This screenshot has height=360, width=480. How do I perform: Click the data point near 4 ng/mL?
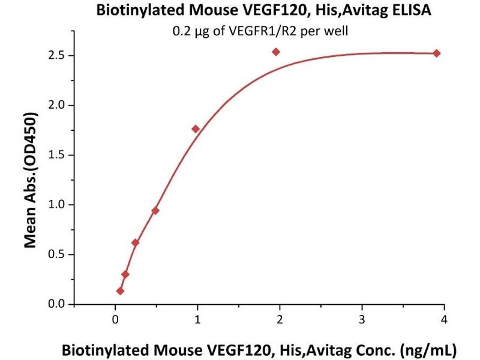point(436,53)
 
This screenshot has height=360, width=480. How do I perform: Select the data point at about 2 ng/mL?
point(276,52)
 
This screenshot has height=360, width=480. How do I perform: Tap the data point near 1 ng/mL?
point(195,129)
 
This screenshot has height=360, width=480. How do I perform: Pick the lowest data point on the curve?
point(121,291)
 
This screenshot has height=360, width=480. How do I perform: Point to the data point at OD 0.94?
point(155,211)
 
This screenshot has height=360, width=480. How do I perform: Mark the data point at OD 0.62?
point(135,242)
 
